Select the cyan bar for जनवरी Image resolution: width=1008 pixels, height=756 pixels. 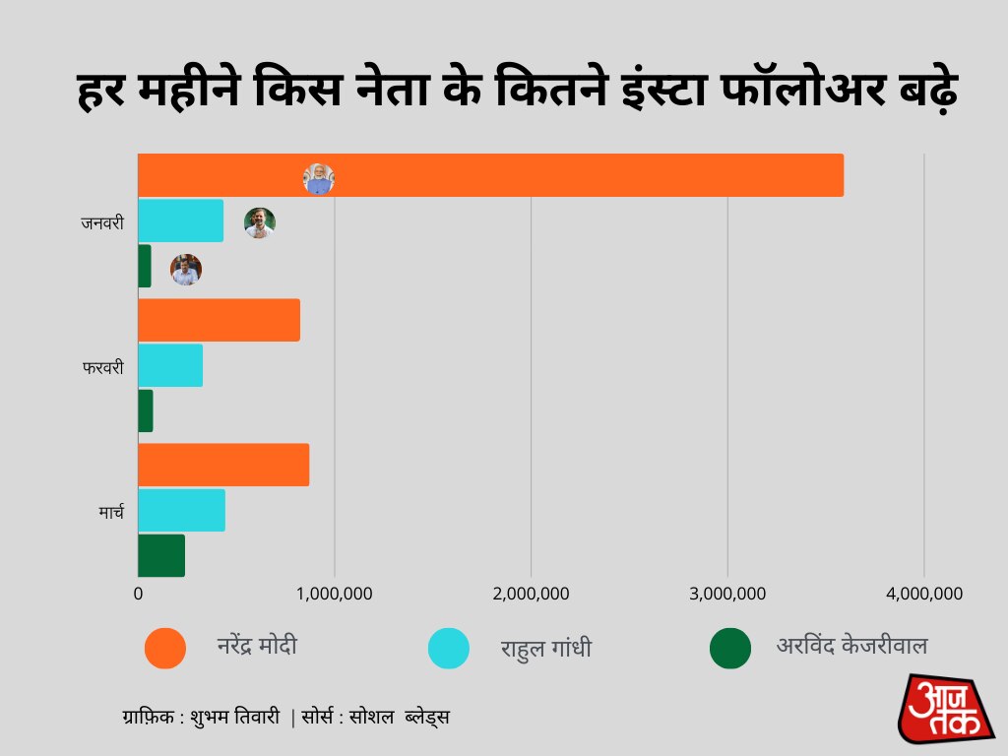pos(180,220)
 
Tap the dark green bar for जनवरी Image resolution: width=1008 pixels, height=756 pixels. pos(145,267)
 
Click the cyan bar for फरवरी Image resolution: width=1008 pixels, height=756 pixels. pos(170,365)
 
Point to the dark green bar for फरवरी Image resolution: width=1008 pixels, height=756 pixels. pos(146,410)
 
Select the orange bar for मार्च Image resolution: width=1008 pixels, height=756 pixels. pos(223,465)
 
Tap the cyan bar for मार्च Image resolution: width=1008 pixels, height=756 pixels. pos(181,510)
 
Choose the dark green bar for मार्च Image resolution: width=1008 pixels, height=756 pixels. pos(161,555)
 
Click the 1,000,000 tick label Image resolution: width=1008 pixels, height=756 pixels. pos(335,594)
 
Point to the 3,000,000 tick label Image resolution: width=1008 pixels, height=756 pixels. pos(727,594)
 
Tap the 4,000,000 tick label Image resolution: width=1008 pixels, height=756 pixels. pos(923,594)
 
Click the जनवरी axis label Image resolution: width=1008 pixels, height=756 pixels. pos(102,222)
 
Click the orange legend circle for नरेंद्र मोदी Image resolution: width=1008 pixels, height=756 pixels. pos(164,648)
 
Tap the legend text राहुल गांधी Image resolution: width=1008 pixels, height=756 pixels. pos(545,650)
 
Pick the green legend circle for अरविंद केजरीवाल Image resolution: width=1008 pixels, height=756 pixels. pos(729,648)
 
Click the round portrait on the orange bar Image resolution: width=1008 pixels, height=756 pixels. pos(318,179)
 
